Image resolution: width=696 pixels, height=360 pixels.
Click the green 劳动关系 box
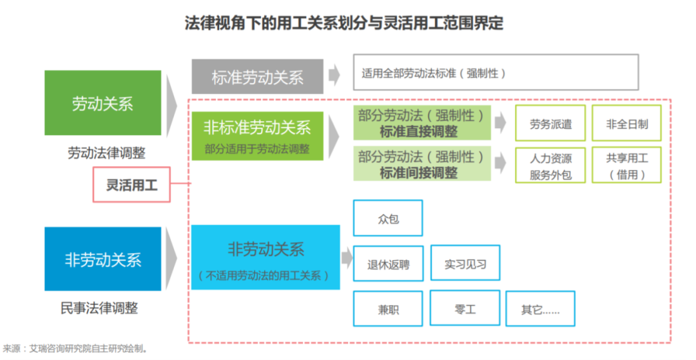point(102,103)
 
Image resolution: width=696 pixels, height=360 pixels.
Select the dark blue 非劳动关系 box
point(102,259)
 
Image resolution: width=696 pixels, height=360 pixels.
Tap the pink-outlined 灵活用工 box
point(131,185)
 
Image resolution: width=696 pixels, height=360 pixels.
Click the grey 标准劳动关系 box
point(257,77)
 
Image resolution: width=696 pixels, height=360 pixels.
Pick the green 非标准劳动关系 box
point(257,135)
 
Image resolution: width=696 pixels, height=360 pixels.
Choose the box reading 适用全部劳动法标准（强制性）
point(496,72)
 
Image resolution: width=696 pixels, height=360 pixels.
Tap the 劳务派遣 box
point(550,124)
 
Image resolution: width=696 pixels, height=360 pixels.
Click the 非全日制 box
point(626,124)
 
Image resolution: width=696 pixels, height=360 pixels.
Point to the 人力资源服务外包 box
point(550,166)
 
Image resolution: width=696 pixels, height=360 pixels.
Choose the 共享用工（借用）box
point(626,166)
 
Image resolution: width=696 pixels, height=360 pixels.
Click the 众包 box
point(388,218)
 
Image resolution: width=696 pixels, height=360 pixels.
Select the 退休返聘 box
point(388,263)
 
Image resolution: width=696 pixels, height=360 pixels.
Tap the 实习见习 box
point(465,263)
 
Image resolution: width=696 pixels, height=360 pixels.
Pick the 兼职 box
point(388,309)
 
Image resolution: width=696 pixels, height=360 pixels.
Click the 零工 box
point(464,309)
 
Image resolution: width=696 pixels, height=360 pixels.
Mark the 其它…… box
point(540,309)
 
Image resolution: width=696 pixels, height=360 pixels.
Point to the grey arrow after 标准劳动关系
point(334,75)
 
